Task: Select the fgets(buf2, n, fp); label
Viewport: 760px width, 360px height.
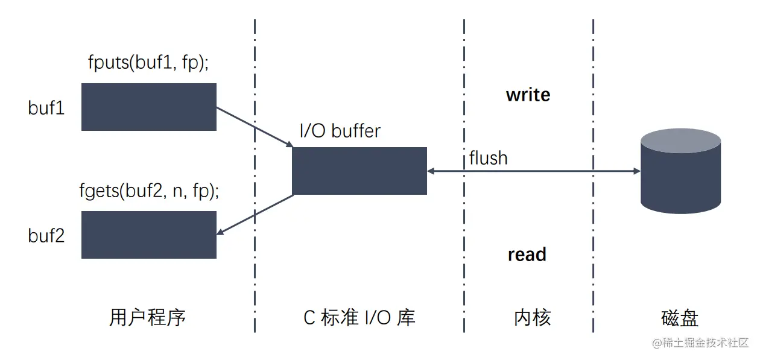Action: [x=149, y=191]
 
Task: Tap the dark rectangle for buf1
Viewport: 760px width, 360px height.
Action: [x=149, y=107]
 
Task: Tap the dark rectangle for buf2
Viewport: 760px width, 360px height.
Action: [x=149, y=235]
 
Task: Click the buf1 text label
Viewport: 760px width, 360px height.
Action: [x=46, y=108]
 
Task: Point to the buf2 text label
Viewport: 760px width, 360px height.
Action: [x=46, y=235]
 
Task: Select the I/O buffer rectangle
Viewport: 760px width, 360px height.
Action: [x=359, y=171]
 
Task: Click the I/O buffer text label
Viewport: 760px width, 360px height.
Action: [x=340, y=131]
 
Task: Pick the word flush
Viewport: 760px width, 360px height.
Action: [x=488, y=158]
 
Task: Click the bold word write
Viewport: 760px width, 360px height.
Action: [x=528, y=95]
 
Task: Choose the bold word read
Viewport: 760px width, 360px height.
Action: [x=527, y=254]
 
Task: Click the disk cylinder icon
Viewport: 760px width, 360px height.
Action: [x=680, y=171]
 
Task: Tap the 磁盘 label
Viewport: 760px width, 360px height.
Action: [x=680, y=318]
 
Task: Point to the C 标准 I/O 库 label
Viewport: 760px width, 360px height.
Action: [x=359, y=318]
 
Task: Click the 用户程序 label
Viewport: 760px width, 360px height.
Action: [x=148, y=318]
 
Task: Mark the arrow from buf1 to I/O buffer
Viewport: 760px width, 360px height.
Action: [x=254, y=127]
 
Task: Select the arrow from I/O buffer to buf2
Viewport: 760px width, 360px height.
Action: [x=255, y=214]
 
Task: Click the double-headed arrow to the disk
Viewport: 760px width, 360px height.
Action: [x=533, y=171]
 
